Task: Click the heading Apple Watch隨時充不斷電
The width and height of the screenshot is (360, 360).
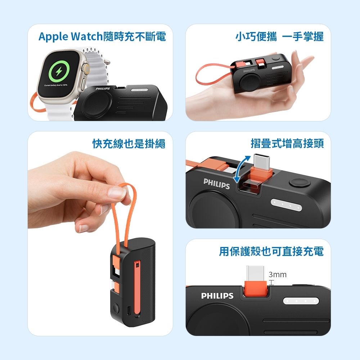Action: point(102,37)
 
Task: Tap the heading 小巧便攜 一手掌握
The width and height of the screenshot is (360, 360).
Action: point(279,37)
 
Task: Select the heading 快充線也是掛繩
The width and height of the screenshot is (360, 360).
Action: point(129,144)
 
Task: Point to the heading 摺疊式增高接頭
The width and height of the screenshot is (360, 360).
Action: point(287,144)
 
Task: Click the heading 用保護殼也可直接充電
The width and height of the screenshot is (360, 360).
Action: point(271,251)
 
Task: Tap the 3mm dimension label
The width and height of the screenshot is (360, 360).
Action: point(278,275)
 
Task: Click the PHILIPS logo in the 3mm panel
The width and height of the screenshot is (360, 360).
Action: point(217,296)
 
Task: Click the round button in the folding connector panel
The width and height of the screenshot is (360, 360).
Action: point(300,182)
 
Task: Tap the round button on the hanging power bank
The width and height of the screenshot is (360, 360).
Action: point(116,309)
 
